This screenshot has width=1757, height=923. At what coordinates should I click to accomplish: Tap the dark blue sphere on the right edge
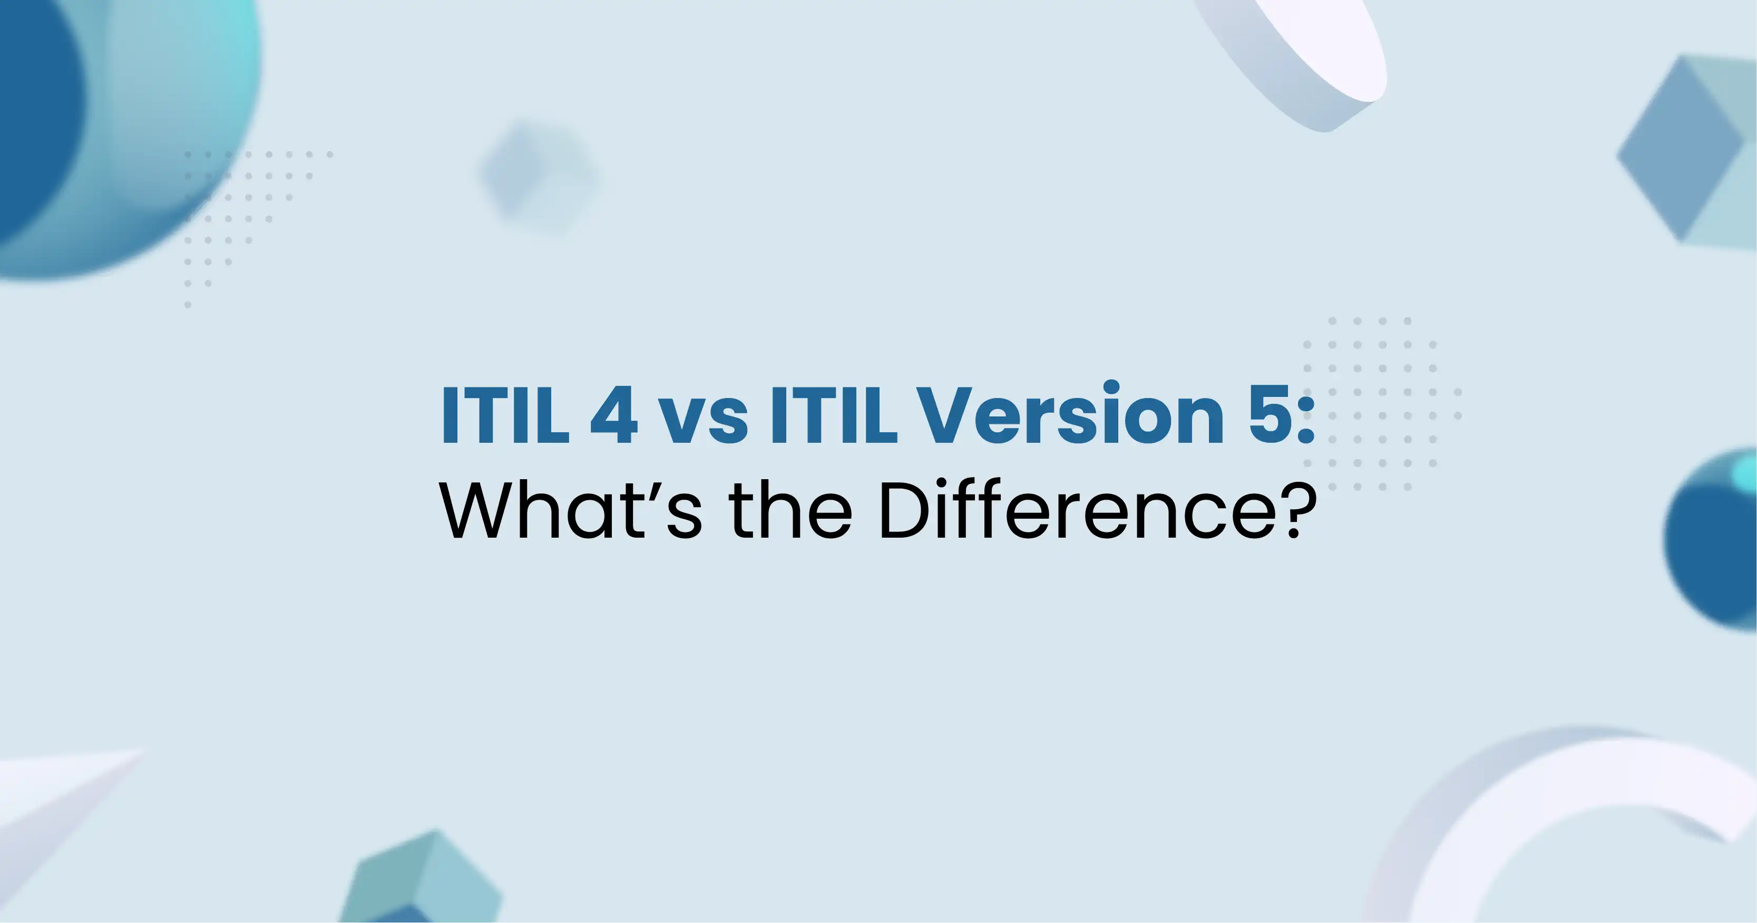coord(1712,539)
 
